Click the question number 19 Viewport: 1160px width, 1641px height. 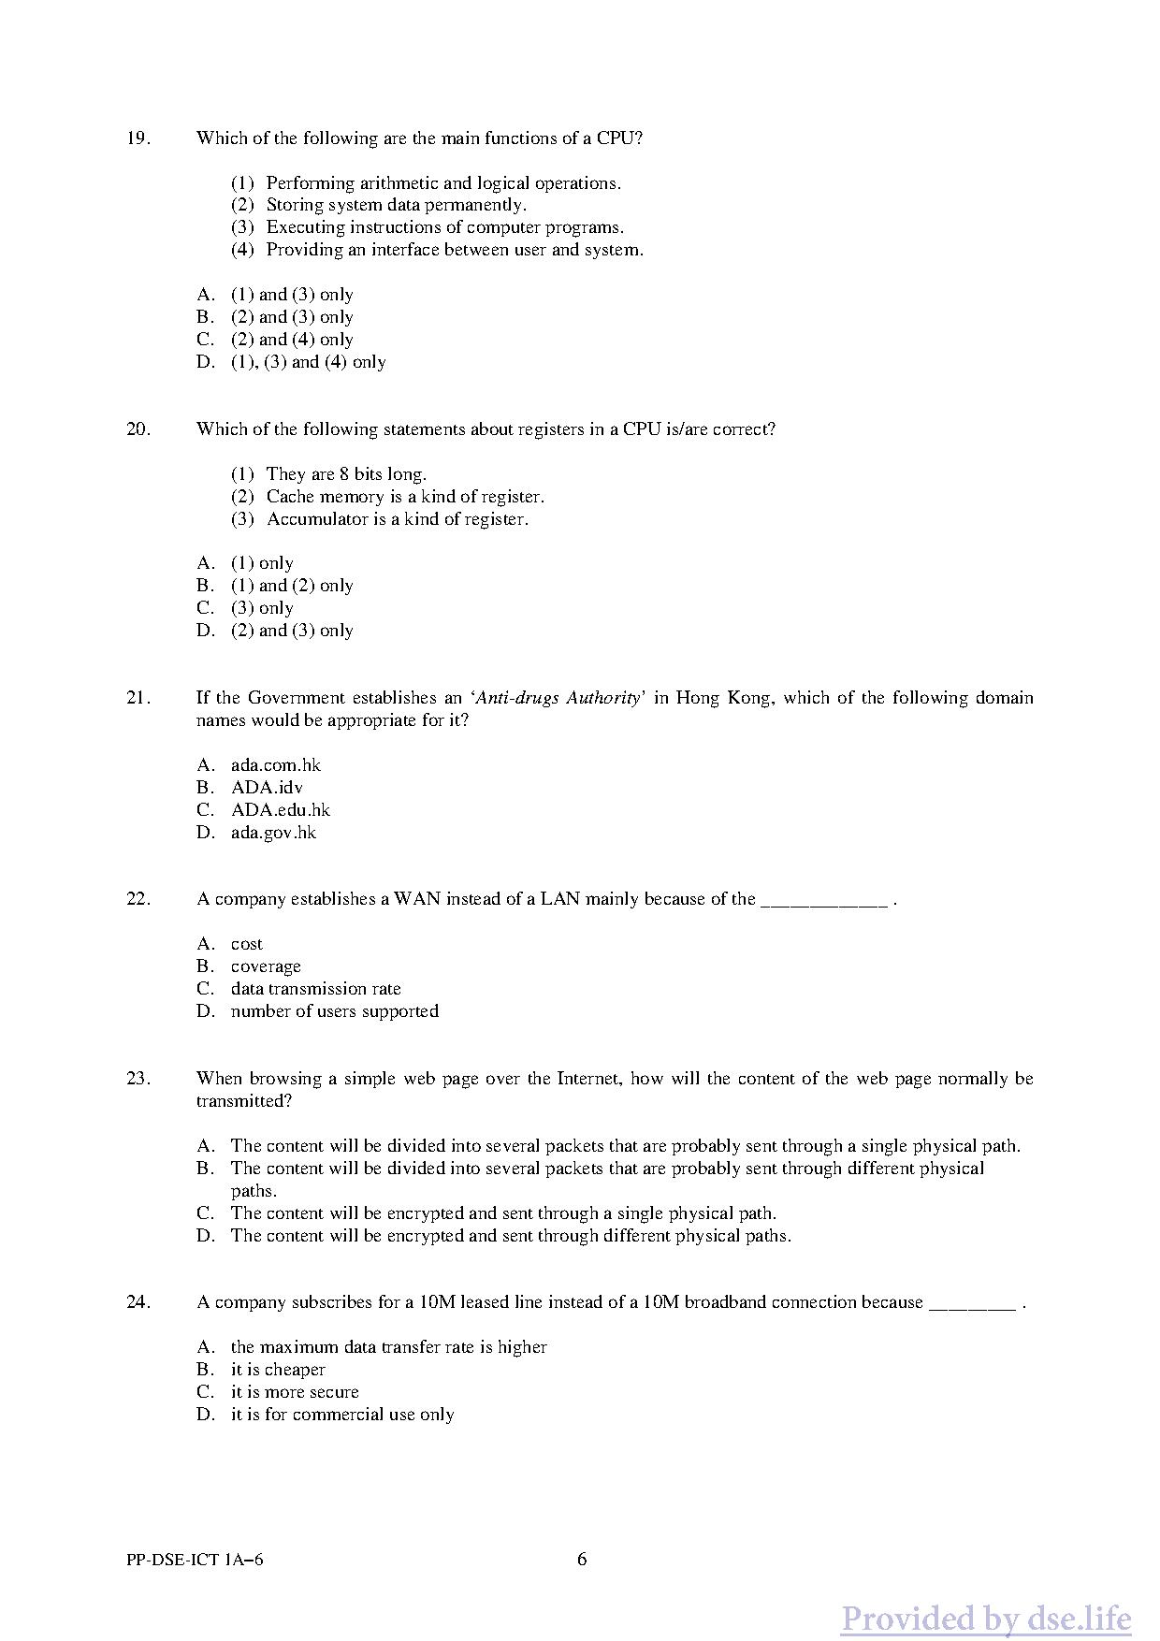138,138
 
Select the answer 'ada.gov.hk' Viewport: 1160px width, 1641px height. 273,833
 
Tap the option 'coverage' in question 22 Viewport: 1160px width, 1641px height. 266,966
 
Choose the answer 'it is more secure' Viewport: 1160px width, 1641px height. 295,1392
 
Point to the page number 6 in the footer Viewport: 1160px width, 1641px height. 582,1560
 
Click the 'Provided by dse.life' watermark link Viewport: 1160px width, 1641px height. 985,1618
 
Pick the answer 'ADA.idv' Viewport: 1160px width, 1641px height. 267,788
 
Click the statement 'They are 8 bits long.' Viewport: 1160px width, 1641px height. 346,474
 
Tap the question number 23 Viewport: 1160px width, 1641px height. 138,1079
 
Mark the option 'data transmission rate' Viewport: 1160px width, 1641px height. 315,989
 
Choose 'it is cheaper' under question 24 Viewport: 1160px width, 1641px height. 278,1370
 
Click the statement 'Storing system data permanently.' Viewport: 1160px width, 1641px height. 396,205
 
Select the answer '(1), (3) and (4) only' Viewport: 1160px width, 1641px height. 308,362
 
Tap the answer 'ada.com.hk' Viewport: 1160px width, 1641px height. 276,765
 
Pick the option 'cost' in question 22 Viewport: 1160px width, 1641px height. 247,944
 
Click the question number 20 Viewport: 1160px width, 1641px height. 138,429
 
